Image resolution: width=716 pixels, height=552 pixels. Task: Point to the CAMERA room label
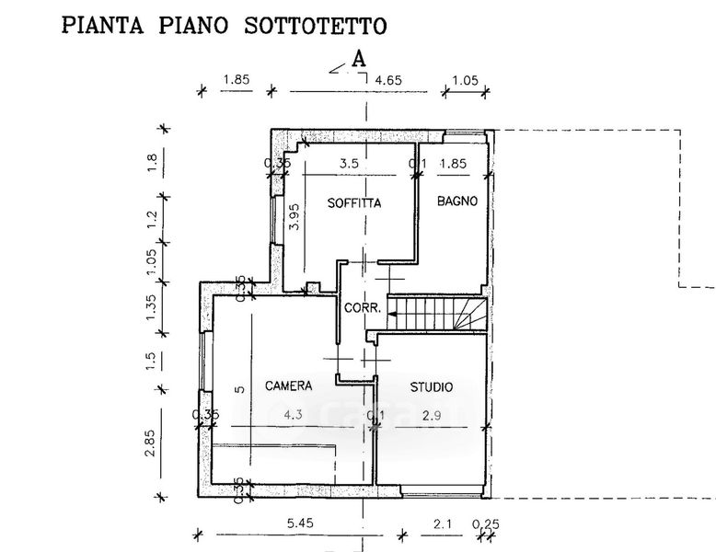[x=288, y=385]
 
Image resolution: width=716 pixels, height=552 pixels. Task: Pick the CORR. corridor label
[x=362, y=308]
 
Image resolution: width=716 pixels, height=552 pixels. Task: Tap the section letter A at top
[x=360, y=58]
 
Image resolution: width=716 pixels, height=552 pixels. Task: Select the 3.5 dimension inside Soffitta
[x=349, y=165]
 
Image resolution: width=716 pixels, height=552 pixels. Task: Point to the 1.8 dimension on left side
[x=153, y=162]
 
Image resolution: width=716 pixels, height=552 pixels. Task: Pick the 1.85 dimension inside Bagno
[x=452, y=165]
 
